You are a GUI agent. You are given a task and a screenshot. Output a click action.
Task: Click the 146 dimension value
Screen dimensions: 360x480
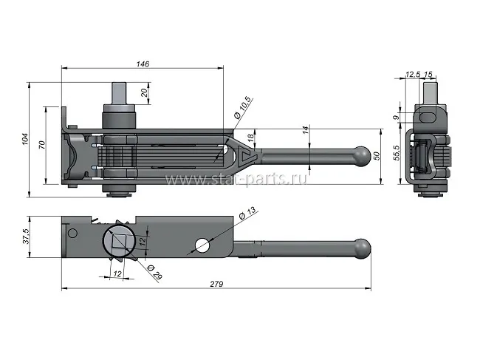click(x=143, y=64)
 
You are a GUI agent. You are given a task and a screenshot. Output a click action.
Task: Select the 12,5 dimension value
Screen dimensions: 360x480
click(x=414, y=74)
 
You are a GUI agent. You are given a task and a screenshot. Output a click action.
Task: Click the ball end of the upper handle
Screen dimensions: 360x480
click(x=362, y=156)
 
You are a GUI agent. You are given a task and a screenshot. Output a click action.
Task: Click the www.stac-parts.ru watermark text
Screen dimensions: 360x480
click(x=236, y=179)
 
